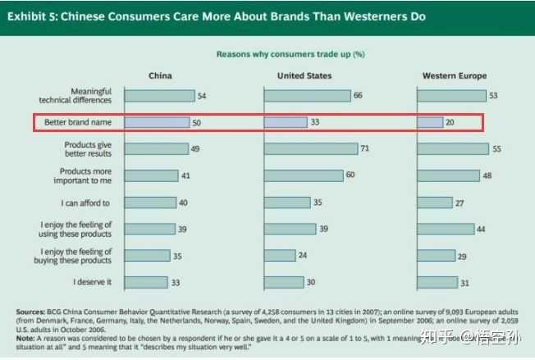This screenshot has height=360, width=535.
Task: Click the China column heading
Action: (160, 75)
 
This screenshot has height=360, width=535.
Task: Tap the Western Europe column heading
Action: (454, 75)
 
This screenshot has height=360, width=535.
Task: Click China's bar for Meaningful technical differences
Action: (159, 96)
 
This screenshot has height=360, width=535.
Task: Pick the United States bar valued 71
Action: (311, 148)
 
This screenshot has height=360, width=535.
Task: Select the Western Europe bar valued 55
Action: (452, 148)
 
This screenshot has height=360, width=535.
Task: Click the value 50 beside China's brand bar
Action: (197, 123)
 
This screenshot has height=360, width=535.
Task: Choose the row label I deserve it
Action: (93, 282)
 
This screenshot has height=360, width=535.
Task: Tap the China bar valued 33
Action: (145, 282)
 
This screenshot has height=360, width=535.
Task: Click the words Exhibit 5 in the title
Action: (35, 16)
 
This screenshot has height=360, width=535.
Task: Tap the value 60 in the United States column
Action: (350, 175)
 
